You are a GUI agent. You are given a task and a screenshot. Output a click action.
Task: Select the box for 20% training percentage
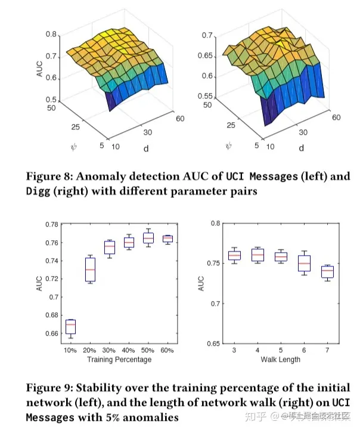point(89,270)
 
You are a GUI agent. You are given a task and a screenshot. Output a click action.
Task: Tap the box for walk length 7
point(327,272)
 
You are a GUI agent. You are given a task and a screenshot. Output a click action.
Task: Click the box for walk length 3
point(234,255)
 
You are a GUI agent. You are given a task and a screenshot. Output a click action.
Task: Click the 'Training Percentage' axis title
point(119,360)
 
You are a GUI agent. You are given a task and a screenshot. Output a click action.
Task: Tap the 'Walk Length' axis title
point(281,360)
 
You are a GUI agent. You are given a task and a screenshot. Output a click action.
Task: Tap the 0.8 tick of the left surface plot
point(52,35)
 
